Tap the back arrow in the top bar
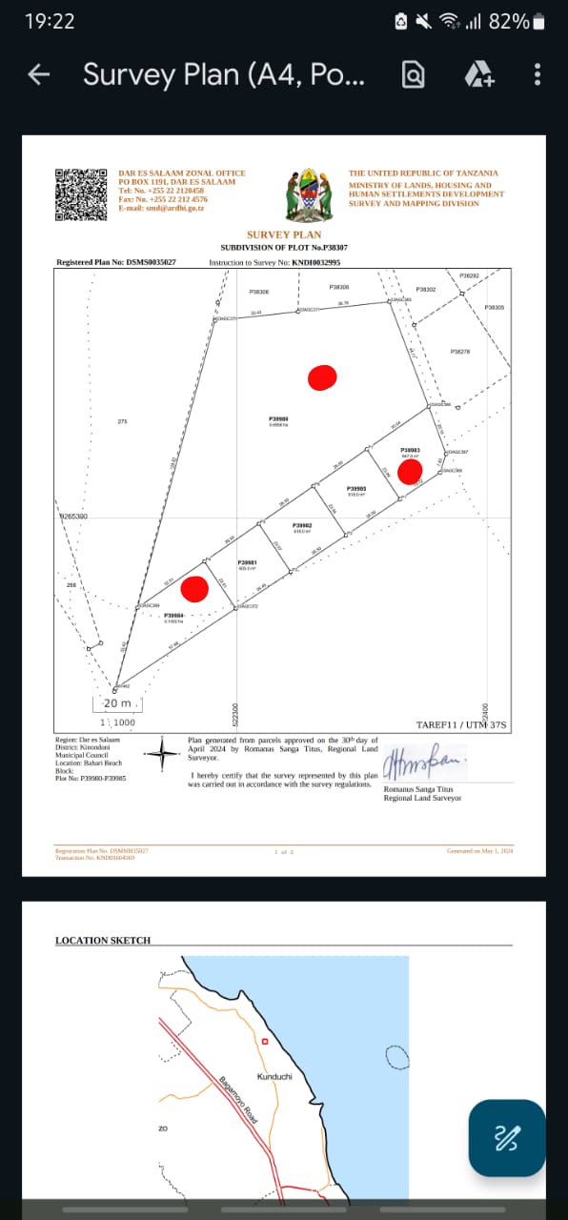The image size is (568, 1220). coord(39,74)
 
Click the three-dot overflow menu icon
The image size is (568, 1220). coord(538,74)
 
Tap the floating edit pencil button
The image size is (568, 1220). coord(507,1137)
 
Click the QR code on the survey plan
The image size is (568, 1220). coord(80,194)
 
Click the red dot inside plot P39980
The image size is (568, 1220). coord(322,377)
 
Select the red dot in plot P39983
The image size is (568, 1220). coord(410,471)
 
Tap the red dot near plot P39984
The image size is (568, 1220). coord(194,589)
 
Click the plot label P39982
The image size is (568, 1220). coord(302,525)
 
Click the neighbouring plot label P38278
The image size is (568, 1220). coord(460,352)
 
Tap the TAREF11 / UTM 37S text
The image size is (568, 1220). coord(463,725)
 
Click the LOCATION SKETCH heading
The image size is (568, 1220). coord(103,941)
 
